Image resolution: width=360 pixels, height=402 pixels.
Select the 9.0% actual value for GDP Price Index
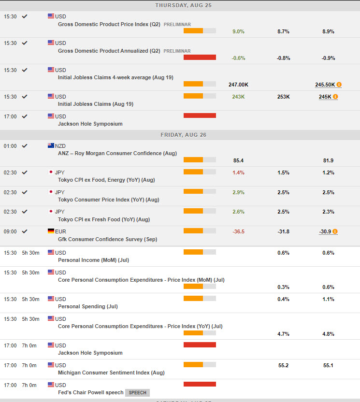[x=238, y=31]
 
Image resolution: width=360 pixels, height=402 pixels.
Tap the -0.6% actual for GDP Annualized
[x=238, y=58]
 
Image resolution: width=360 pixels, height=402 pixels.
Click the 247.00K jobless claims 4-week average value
[x=238, y=85]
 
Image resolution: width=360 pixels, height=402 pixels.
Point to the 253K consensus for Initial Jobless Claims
[x=283, y=97]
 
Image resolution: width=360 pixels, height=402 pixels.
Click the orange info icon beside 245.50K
[x=339, y=85]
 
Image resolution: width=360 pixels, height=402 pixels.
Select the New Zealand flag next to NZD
[x=51, y=145]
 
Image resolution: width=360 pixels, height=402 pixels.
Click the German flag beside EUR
[x=51, y=231]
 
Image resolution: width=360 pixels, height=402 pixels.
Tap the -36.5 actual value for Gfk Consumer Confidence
[x=238, y=231]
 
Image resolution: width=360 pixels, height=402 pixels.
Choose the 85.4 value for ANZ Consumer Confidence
[x=238, y=160]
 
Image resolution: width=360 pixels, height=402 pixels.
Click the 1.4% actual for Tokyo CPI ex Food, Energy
[x=238, y=172]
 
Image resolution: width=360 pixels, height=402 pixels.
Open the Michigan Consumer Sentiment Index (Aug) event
[x=111, y=373]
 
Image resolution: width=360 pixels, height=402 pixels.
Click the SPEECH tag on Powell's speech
[x=137, y=393]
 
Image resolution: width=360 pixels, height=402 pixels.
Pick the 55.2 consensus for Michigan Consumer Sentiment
[x=283, y=365]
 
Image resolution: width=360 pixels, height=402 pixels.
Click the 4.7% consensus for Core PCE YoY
[x=283, y=333]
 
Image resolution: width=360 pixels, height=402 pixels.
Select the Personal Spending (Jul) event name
[x=87, y=306]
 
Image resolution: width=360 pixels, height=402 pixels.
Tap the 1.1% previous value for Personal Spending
[x=328, y=299]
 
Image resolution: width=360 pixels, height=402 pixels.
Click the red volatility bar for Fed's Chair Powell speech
[x=200, y=384]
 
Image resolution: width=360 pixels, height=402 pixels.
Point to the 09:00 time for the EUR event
[x=10, y=231]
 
